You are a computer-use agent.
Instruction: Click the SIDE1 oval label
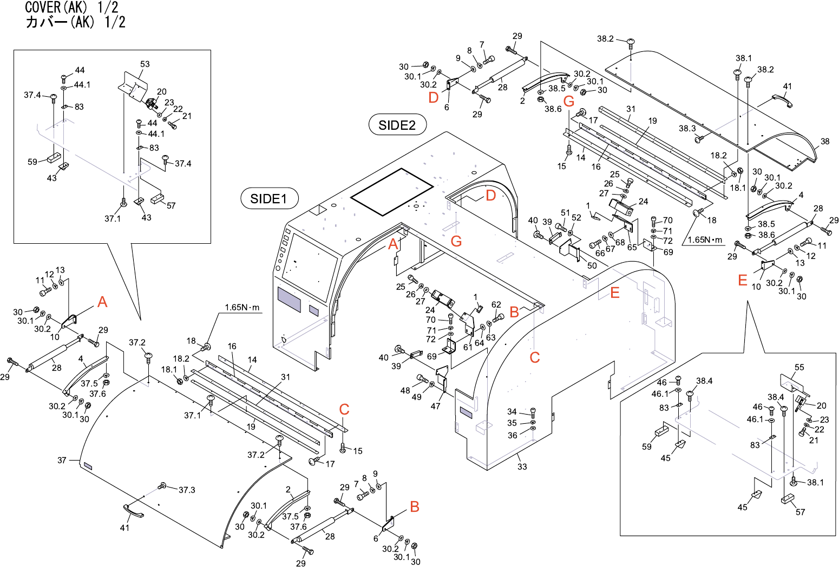pyautogui.click(x=268, y=199)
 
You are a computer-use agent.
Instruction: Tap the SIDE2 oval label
pyautogui.click(x=397, y=125)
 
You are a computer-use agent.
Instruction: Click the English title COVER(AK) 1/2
pyautogui.click(x=72, y=8)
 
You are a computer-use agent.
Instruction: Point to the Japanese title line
pyautogui.click(x=75, y=22)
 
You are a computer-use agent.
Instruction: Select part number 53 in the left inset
pyautogui.click(x=145, y=64)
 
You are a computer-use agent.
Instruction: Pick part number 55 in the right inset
pyautogui.click(x=799, y=368)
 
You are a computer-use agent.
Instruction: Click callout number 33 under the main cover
pyautogui.click(x=522, y=466)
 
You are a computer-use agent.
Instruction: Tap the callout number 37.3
pyautogui.click(x=187, y=490)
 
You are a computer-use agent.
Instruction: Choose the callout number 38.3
pyautogui.click(x=687, y=129)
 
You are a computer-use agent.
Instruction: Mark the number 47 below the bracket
pyautogui.click(x=435, y=406)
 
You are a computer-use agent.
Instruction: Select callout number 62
pyautogui.click(x=496, y=305)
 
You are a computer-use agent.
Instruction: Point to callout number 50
pyautogui.click(x=592, y=265)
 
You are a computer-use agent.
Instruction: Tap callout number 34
pyautogui.click(x=512, y=412)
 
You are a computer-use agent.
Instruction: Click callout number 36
pyautogui.click(x=512, y=435)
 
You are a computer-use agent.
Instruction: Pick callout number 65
pyautogui.click(x=632, y=248)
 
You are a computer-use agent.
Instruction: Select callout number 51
pyautogui.click(x=566, y=213)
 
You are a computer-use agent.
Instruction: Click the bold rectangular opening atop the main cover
pyautogui.click(x=392, y=191)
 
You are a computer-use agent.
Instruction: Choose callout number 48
pyautogui.click(x=405, y=391)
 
